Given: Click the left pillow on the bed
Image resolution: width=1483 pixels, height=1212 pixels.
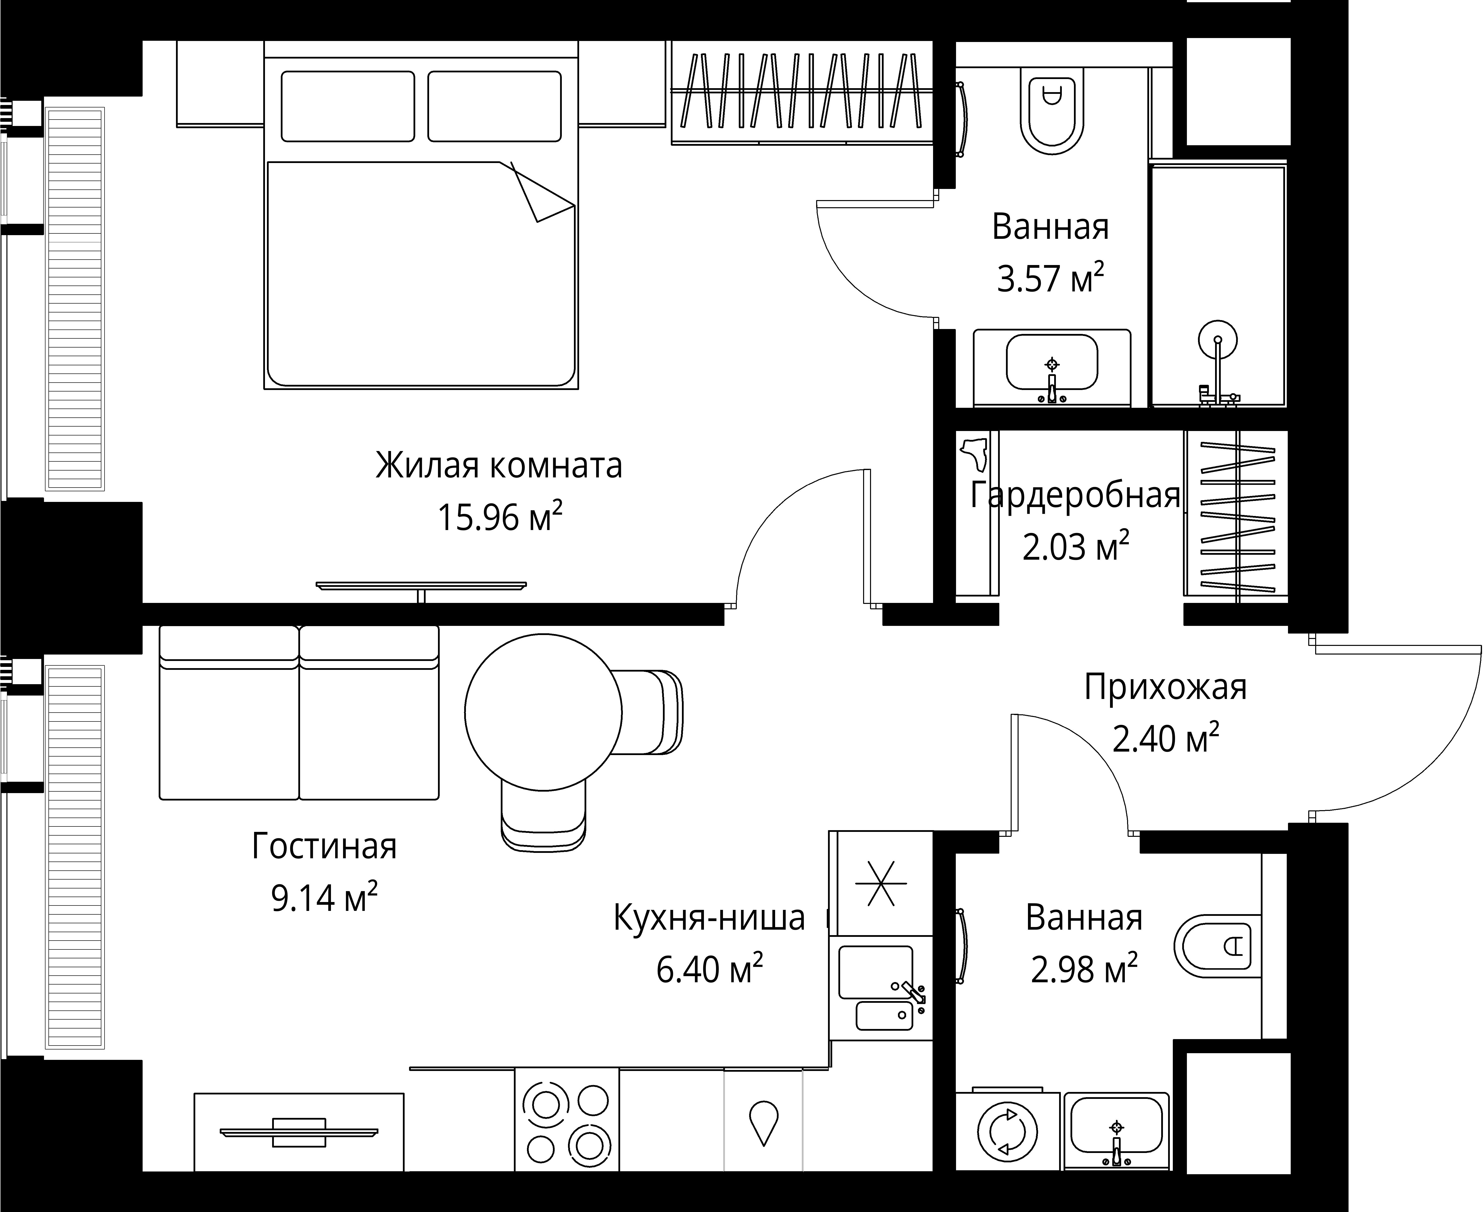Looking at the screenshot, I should (x=347, y=106).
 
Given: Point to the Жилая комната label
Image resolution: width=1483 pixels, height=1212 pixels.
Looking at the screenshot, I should (x=499, y=466).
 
